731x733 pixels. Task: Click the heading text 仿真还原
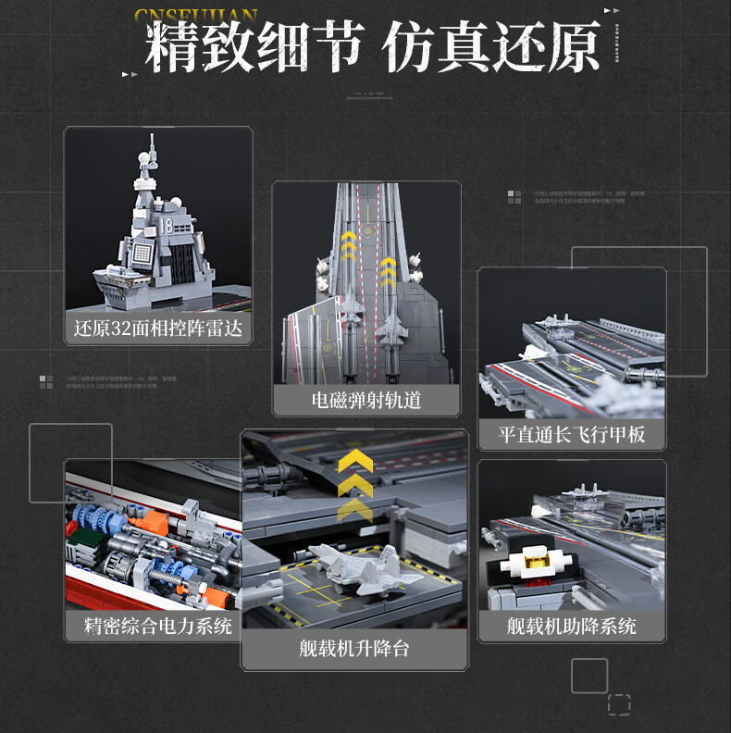pyautogui.click(x=491, y=48)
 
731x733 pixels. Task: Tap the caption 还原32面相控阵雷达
pyautogui.click(x=158, y=329)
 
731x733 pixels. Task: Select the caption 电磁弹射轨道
pyautogui.click(x=365, y=400)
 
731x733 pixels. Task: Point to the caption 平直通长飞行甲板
pyautogui.click(x=571, y=434)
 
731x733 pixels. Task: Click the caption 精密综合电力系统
pyautogui.click(x=157, y=626)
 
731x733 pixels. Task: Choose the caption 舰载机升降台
pyautogui.click(x=353, y=648)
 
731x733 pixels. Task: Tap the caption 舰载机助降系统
pyautogui.click(x=571, y=626)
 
